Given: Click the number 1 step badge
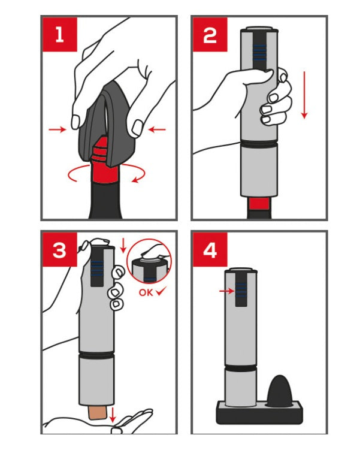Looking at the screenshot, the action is (60, 34).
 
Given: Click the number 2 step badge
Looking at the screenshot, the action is (210, 34).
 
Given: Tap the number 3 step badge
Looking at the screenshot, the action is (60, 250).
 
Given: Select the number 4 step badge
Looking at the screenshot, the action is (210, 250).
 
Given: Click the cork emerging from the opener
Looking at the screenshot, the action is (98, 412).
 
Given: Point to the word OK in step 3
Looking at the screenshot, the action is (146, 292).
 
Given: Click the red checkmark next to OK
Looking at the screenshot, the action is (161, 292).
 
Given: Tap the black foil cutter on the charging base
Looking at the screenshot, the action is (279, 391).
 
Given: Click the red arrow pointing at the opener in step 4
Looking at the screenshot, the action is (226, 291).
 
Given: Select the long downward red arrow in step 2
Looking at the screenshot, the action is (304, 95).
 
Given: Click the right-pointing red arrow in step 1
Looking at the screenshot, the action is (58, 129).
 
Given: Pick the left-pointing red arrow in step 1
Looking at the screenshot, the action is (157, 129).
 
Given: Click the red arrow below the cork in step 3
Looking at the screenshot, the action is (113, 415).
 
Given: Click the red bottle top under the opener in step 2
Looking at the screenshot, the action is (259, 203).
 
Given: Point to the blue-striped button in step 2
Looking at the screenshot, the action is (259, 52).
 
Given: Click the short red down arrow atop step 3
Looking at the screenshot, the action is (123, 246).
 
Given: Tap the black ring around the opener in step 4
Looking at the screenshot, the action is (240, 368).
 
